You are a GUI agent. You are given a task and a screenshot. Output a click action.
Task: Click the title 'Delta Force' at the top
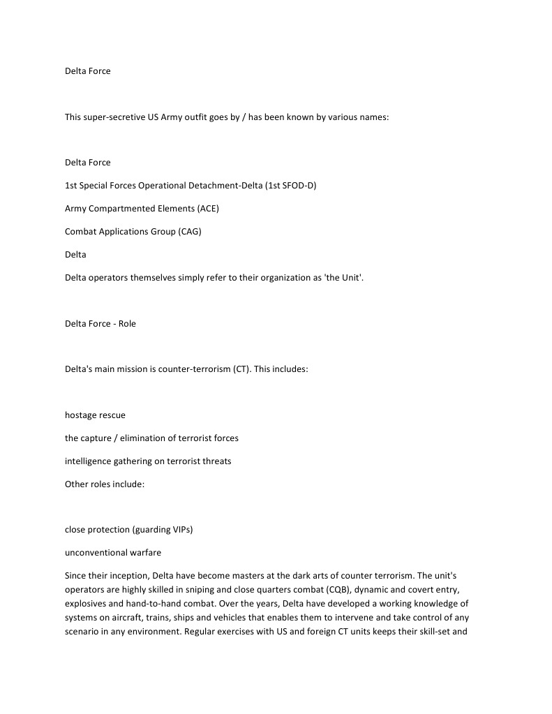87,71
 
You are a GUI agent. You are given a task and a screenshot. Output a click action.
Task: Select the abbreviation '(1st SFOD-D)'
291,186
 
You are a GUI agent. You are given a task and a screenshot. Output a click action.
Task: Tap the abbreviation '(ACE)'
208,209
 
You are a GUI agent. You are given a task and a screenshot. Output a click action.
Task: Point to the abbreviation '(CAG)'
189,232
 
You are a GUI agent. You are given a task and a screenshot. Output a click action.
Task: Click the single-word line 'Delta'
75,255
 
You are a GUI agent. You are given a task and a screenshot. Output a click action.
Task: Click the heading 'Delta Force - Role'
100,324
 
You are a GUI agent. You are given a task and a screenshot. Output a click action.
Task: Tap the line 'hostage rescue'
95,415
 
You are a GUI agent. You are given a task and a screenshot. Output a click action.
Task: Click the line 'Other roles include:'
105,484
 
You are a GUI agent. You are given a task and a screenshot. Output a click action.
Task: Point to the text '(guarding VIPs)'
162,530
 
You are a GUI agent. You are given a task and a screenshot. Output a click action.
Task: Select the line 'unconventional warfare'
113,553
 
